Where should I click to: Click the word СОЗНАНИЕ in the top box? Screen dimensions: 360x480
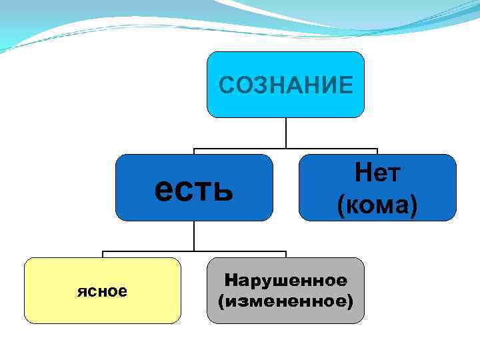click(x=286, y=85)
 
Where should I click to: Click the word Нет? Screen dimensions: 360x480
click(x=377, y=174)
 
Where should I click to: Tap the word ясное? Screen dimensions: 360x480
click(x=102, y=291)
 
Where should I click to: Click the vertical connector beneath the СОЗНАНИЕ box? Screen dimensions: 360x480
click(x=286, y=133)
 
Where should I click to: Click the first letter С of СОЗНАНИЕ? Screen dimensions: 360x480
click(x=227, y=85)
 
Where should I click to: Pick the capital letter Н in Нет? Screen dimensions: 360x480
click(x=362, y=174)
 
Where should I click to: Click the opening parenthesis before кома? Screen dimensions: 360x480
click(x=341, y=205)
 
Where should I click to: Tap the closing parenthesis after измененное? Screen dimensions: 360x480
click(x=350, y=301)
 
